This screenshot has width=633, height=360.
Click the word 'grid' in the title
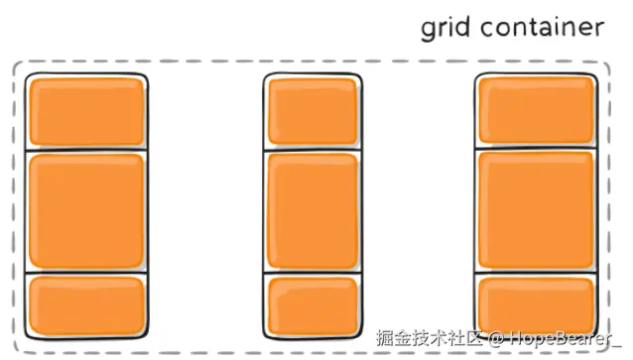[x=445, y=28]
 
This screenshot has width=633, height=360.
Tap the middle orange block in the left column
[x=86, y=210]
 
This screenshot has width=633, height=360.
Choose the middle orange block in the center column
[x=312, y=210]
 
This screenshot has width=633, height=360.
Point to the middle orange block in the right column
[x=536, y=210]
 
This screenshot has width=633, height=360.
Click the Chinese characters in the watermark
[x=425, y=337]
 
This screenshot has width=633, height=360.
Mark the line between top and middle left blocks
[x=86, y=149]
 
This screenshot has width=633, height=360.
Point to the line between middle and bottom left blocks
[x=86, y=272]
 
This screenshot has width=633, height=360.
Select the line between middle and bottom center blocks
[x=312, y=272]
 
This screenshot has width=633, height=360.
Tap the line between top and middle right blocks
[x=536, y=149]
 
